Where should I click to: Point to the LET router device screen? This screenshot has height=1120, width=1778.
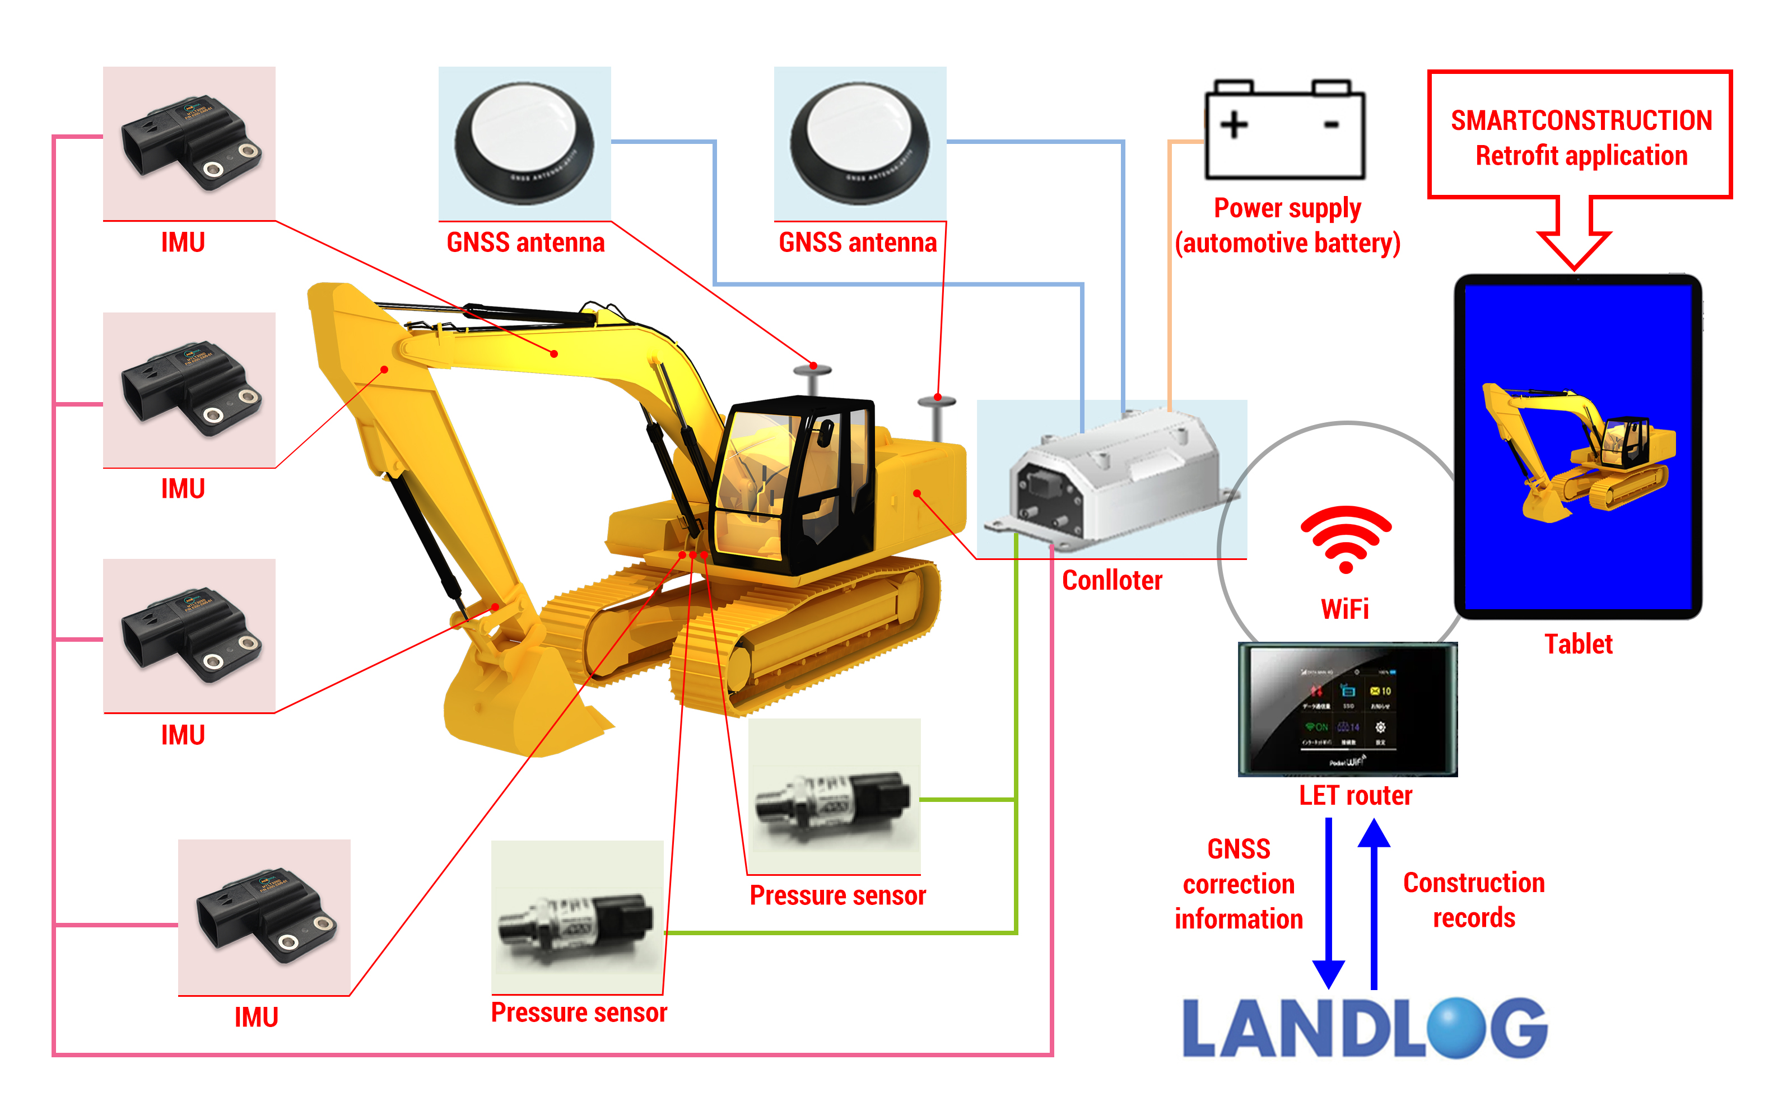pos(1348,709)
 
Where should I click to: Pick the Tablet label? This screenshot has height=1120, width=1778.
pos(1578,644)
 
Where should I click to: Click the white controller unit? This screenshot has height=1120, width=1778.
pos(1115,480)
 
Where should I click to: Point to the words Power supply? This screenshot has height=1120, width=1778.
pos(1287,208)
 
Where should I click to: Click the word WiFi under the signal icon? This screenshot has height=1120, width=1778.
pos(1344,609)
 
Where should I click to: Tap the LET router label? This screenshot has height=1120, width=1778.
pos(1355,795)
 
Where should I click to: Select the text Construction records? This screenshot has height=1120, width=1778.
pos(1474,900)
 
